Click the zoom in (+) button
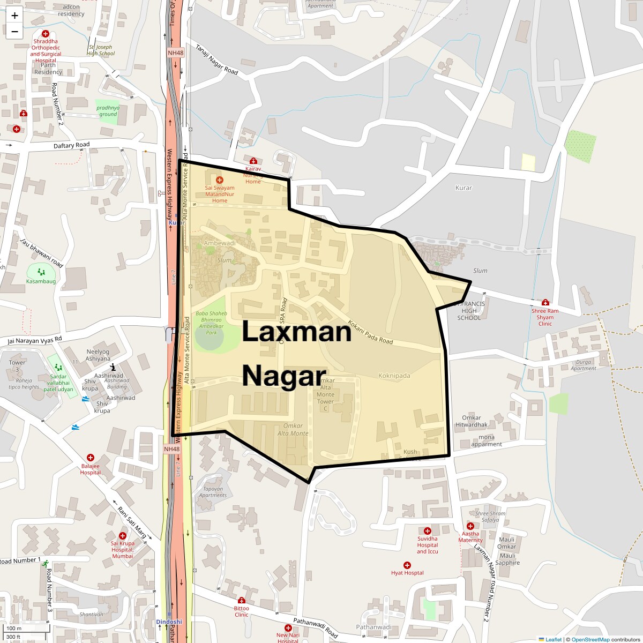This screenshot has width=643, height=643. (x=14, y=16)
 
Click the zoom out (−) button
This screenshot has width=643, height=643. (x=14, y=32)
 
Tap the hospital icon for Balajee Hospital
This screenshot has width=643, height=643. (x=91, y=458)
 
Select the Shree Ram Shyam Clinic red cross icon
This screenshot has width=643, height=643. (x=545, y=303)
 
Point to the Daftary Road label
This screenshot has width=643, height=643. (x=72, y=145)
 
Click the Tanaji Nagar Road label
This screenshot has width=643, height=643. (x=216, y=59)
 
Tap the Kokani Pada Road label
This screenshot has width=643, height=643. (x=370, y=332)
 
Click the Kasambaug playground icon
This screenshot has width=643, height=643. (x=41, y=272)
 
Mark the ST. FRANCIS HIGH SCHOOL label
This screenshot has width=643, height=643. (x=469, y=311)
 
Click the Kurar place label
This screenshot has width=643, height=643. (x=463, y=188)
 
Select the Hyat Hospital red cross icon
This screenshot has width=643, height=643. (x=407, y=565)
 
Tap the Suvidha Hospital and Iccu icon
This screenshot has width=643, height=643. (x=428, y=530)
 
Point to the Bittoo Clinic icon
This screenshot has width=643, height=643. (x=242, y=600)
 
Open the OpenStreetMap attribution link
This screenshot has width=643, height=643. (x=590, y=639)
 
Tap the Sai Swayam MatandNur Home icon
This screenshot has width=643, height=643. (x=220, y=180)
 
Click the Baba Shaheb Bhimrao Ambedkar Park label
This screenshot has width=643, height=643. (x=211, y=323)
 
